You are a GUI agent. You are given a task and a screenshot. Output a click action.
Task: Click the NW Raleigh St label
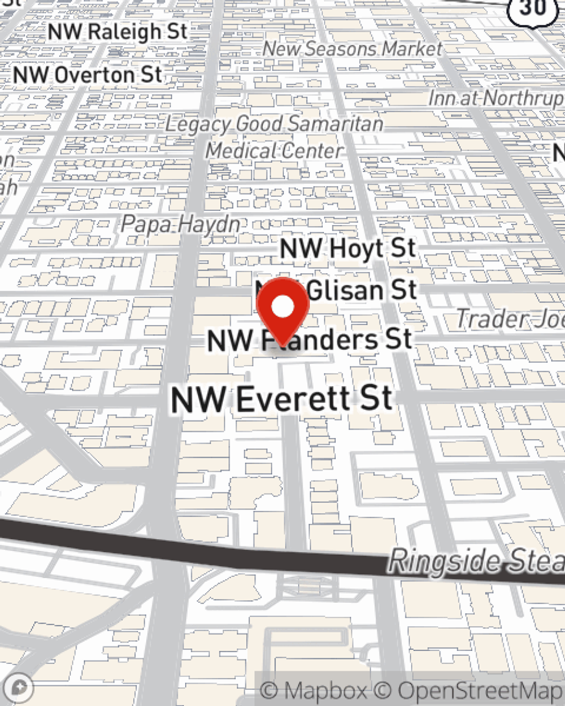118,32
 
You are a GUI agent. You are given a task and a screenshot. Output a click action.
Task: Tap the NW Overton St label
88,75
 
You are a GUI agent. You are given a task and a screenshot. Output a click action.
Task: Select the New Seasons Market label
352,49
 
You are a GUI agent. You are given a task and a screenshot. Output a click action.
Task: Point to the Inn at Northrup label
496,98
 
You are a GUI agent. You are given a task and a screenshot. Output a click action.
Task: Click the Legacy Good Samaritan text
274,124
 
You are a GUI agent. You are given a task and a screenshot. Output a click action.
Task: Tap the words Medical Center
274,151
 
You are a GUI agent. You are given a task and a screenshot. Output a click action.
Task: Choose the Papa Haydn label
180,224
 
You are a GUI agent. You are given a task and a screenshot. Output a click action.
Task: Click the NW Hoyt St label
348,248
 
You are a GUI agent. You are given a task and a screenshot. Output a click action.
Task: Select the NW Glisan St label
362,290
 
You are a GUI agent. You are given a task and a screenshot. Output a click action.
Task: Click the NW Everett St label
281,399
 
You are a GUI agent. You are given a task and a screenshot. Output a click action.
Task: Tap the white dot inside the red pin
282,307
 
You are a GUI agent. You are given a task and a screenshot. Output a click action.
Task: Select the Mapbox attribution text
312,691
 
